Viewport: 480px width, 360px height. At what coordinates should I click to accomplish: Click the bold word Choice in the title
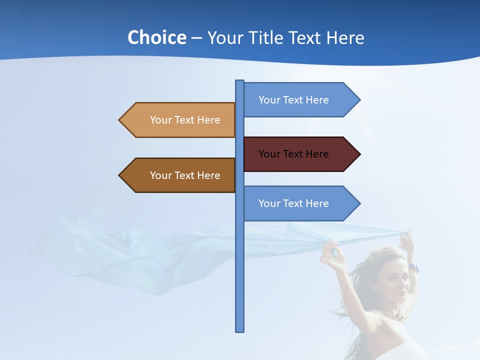coord(156,37)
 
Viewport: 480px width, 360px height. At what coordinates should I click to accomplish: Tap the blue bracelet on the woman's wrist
coord(413,267)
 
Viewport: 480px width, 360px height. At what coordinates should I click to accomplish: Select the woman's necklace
coord(392,315)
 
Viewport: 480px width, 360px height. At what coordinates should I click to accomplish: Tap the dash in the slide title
coord(196,38)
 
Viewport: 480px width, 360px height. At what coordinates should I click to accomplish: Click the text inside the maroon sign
coord(293,154)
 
